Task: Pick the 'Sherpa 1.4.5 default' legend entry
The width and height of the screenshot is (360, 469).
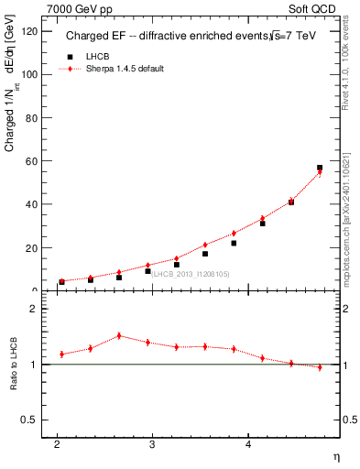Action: (123, 69)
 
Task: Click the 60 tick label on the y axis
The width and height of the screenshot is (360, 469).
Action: (32, 161)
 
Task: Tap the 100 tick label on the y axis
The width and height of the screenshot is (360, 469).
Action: (29, 74)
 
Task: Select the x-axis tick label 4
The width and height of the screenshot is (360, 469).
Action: (248, 445)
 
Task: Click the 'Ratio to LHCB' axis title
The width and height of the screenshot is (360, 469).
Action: (13, 365)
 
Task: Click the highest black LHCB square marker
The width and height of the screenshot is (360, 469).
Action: (320, 168)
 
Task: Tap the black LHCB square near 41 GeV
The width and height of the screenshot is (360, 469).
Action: (291, 202)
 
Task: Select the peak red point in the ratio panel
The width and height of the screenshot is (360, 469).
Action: (119, 335)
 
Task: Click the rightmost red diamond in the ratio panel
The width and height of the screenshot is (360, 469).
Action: (320, 367)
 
